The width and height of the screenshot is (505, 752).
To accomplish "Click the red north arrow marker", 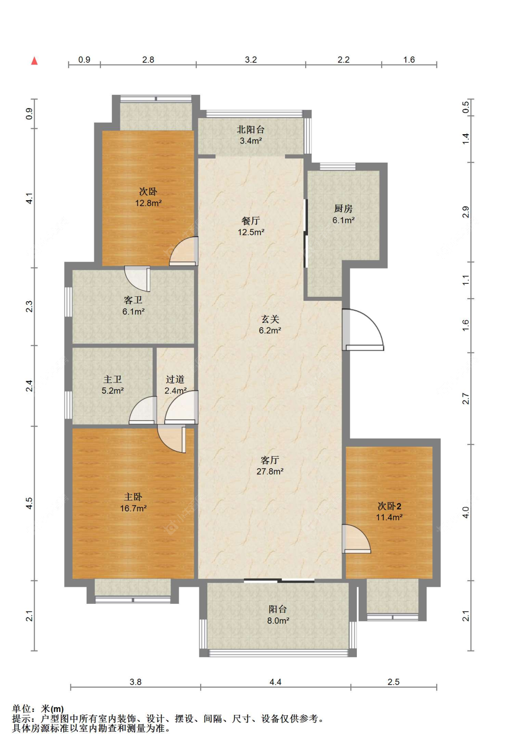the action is click(x=34, y=61).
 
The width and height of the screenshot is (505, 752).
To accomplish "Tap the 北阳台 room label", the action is click(x=251, y=129).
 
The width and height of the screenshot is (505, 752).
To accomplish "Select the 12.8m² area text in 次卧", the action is click(x=149, y=203).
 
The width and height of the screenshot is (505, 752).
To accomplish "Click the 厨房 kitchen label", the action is click(x=343, y=208).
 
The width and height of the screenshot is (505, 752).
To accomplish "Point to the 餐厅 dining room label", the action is click(x=251, y=220).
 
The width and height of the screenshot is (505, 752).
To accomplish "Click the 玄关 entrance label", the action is click(x=270, y=319).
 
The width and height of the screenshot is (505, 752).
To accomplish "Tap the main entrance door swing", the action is click(x=363, y=330).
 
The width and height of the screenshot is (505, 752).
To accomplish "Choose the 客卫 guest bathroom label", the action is click(x=133, y=300).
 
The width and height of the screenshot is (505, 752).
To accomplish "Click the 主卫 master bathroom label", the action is click(x=113, y=379).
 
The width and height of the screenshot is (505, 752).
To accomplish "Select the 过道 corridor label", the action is click(x=175, y=379).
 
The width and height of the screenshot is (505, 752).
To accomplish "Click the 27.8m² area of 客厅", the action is click(x=270, y=471).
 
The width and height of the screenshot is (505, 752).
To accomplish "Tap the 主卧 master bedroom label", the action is click(x=133, y=497).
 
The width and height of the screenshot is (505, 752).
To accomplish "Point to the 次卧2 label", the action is click(x=389, y=506).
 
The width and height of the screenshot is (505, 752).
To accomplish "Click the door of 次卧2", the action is click(x=356, y=538).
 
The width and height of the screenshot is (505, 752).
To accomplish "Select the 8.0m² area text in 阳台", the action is click(x=278, y=621).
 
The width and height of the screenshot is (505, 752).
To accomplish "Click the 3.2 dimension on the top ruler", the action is click(x=251, y=60).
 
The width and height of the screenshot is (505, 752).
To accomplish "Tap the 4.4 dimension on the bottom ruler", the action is click(x=275, y=682).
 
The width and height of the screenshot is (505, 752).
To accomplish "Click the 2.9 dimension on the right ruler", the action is click(x=465, y=212).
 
